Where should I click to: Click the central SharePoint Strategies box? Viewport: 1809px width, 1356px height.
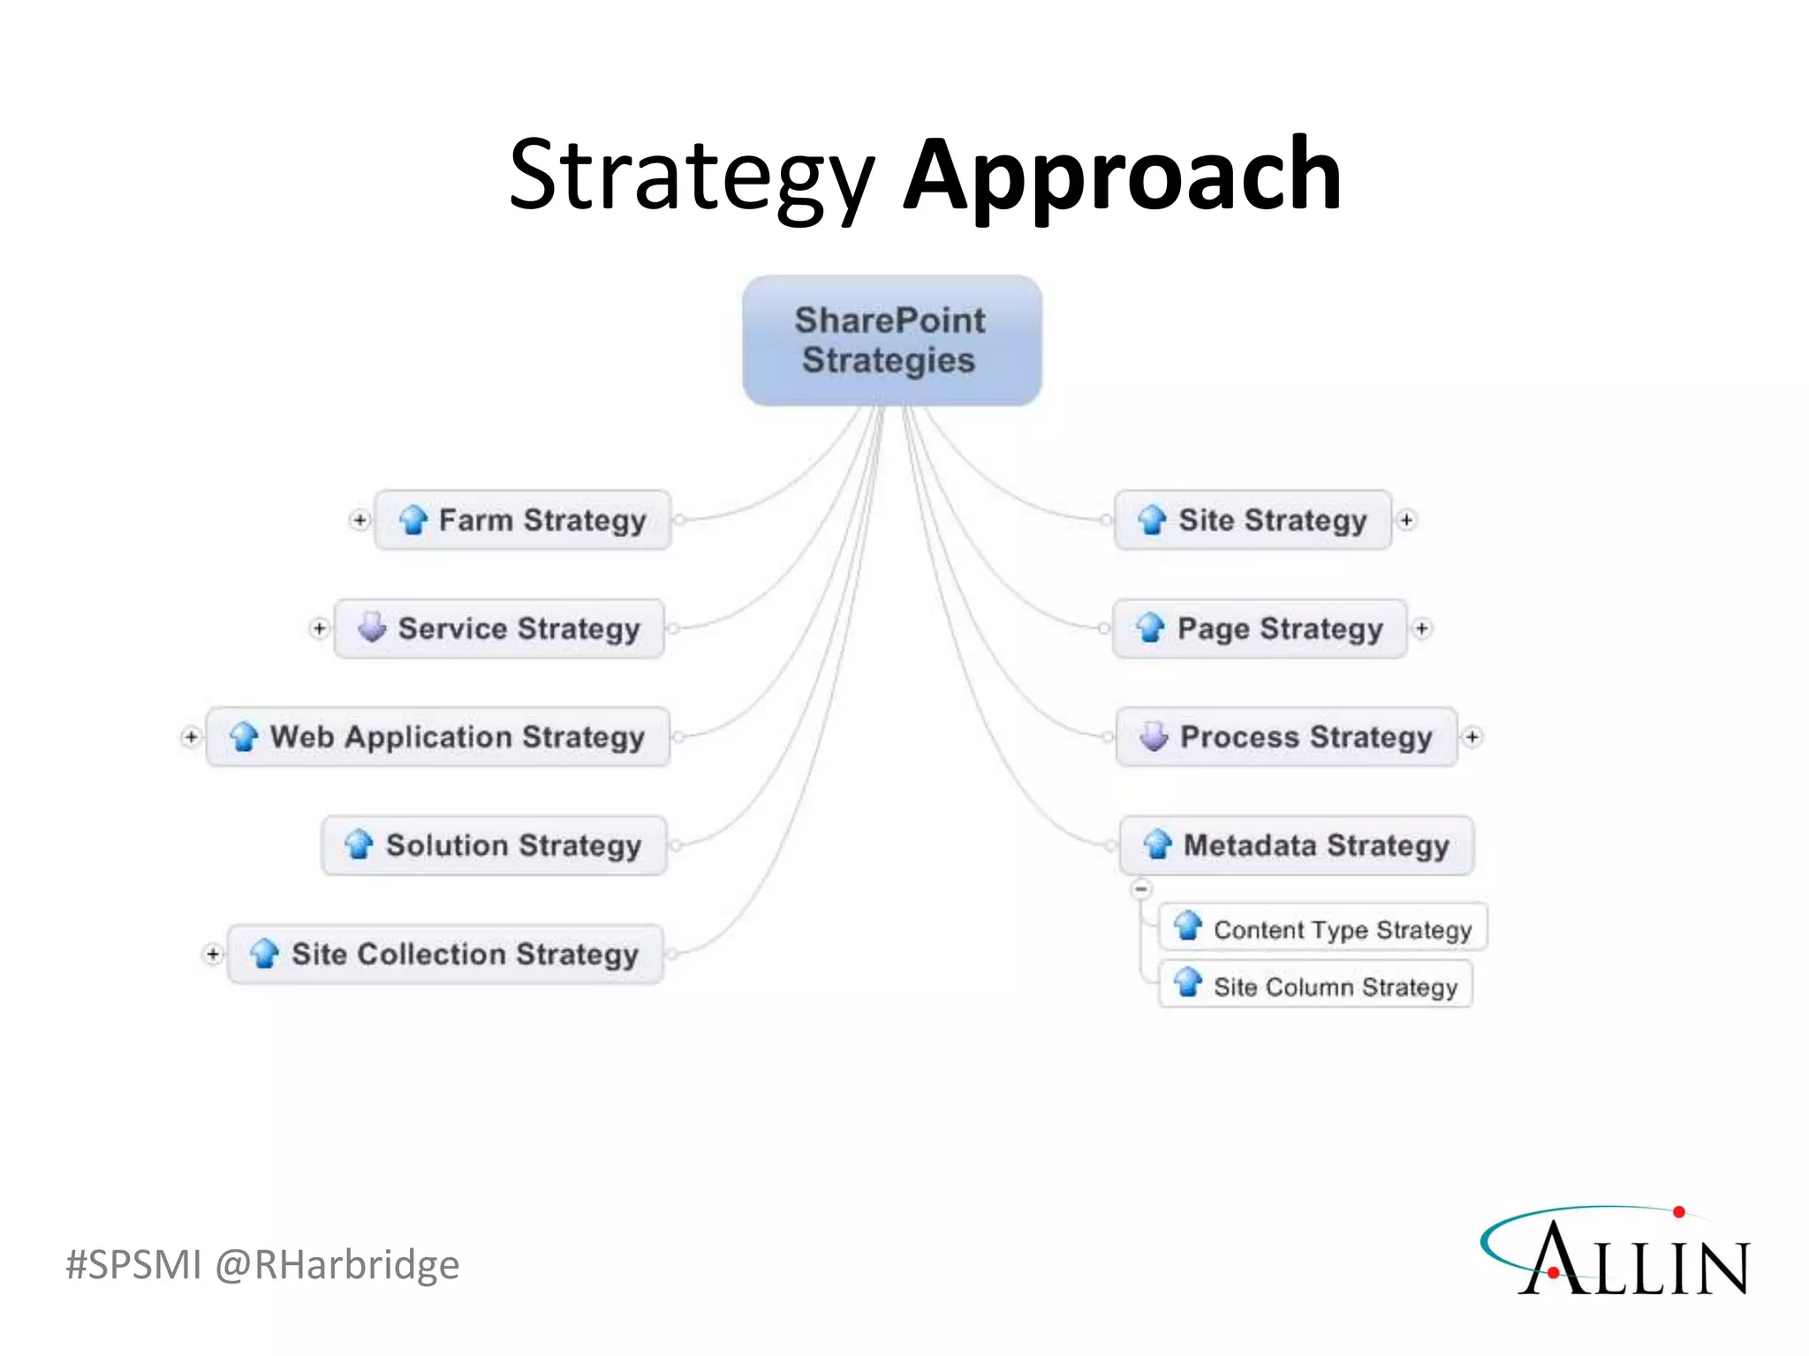pos(891,341)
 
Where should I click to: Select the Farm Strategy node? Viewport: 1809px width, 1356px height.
pos(523,520)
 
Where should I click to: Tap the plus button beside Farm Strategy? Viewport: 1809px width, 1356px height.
pos(360,520)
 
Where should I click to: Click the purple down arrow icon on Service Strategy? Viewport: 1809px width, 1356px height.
pos(372,627)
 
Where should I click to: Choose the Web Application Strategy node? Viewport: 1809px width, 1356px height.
pos(438,736)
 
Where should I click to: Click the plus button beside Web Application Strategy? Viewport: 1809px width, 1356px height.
pos(191,736)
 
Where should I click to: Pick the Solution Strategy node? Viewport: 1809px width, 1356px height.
pos(494,845)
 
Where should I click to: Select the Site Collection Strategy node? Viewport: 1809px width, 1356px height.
pos(445,953)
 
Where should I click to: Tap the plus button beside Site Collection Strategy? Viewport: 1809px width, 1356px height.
pos(212,953)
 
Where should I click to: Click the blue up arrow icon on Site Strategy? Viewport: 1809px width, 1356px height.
pos(1152,520)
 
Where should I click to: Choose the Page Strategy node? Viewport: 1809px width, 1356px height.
pos(1260,629)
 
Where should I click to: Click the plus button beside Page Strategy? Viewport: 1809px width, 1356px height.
pos(1421,629)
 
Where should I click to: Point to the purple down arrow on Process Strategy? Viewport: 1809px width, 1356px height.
pos(1154,735)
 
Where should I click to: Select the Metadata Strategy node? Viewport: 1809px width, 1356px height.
pos(1296,845)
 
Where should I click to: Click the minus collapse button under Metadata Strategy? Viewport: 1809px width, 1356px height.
pos(1141,888)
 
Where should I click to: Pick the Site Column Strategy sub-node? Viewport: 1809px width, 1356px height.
pos(1315,986)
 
